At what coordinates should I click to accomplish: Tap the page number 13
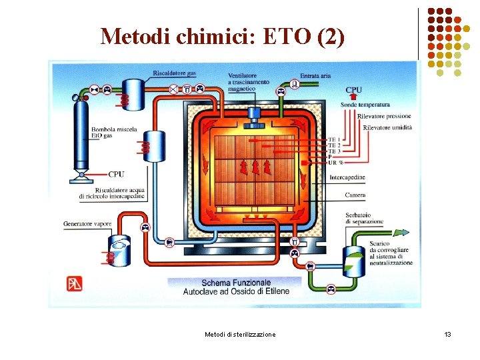click(x=447, y=334)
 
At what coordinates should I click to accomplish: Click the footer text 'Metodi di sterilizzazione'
click(x=240, y=334)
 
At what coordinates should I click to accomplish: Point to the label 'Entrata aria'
click(x=315, y=76)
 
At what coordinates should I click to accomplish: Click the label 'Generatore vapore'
click(x=87, y=223)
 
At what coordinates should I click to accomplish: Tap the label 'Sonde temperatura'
click(x=365, y=105)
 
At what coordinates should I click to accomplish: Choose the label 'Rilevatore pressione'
click(x=385, y=117)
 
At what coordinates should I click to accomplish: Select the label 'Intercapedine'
click(x=347, y=177)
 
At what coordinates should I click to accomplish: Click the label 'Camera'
click(x=355, y=195)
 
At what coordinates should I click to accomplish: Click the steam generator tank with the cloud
click(x=121, y=249)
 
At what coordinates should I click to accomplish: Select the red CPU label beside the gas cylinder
click(x=116, y=175)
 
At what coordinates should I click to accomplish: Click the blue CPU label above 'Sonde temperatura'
click(x=353, y=90)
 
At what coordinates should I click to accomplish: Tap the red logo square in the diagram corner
click(x=75, y=283)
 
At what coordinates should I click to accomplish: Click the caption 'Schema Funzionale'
click(x=236, y=283)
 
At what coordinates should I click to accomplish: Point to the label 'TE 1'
click(x=334, y=139)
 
